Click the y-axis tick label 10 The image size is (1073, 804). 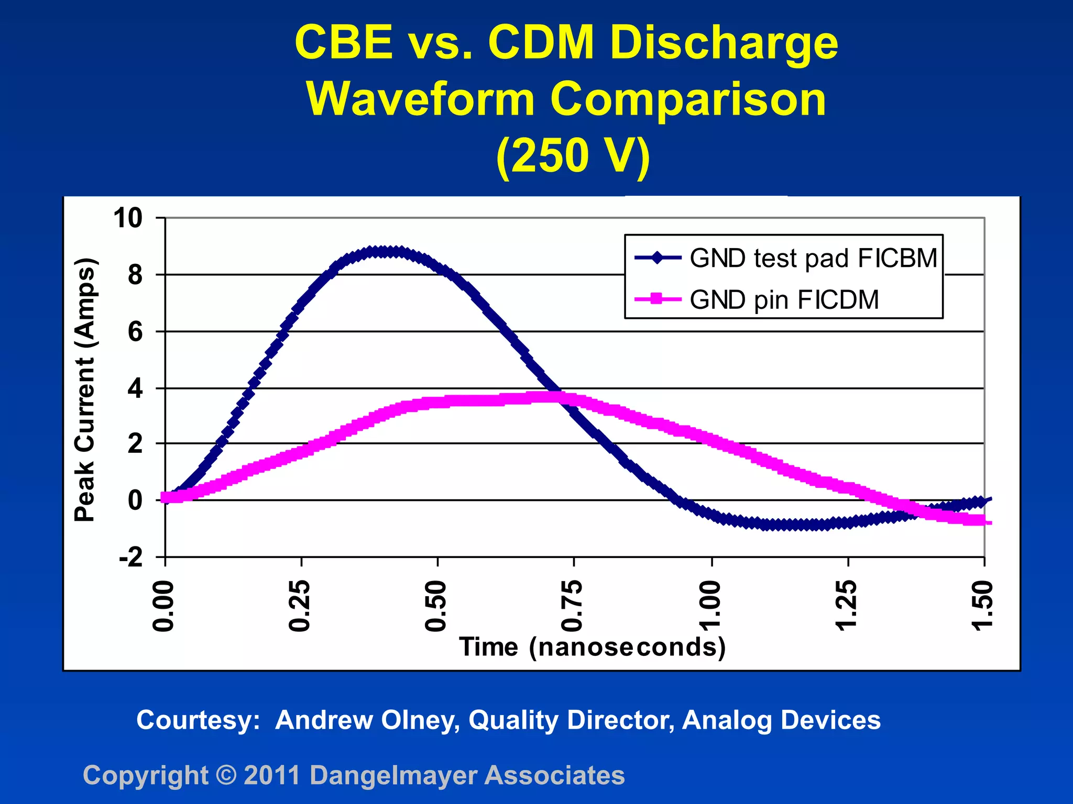(128, 218)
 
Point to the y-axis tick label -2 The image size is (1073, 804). (131, 558)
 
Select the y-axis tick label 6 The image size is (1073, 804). (135, 332)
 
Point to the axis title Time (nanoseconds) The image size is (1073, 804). (593, 647)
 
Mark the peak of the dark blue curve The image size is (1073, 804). (385, 252)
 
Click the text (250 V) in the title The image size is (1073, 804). (573, 155)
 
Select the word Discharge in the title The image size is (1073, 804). (724, 43)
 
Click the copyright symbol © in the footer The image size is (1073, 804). (226, 775)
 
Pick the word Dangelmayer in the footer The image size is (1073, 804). (393, 775)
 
